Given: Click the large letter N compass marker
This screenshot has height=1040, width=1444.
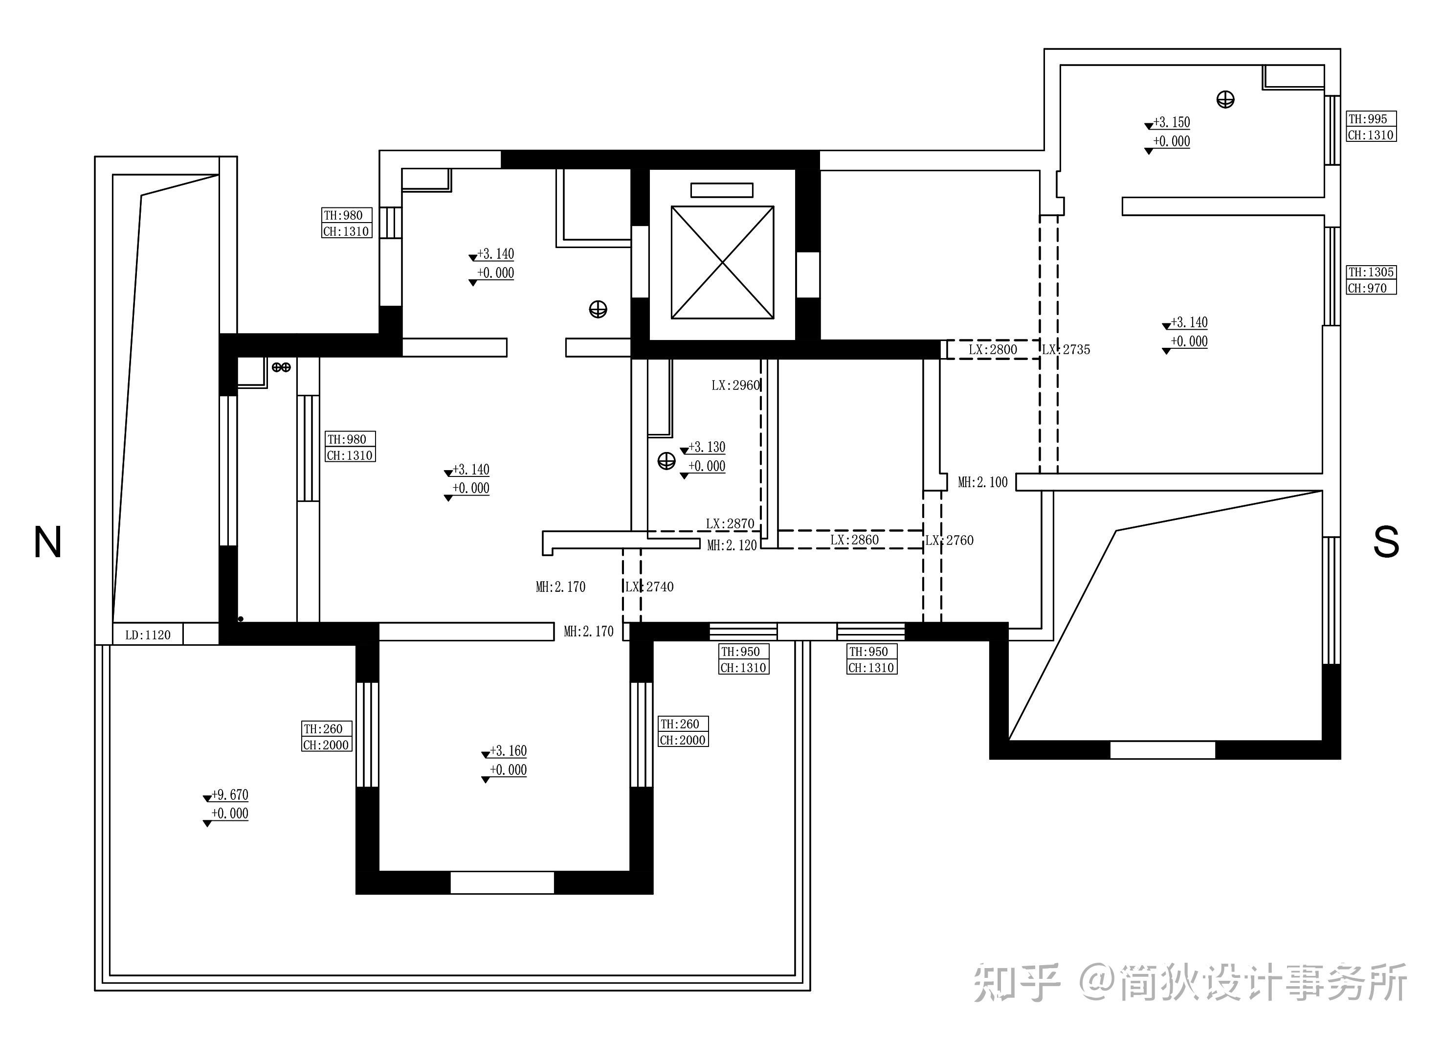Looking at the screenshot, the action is (47, 542).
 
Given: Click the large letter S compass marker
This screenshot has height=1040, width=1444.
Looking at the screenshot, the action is (1386, 542).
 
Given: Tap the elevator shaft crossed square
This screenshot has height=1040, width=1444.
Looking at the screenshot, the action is (723, 262).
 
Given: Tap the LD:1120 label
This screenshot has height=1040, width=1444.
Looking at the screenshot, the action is (148, 635).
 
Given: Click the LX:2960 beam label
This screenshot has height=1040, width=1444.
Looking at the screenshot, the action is (736, 385).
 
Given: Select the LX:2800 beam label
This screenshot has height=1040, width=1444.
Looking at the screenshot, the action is (993, 350).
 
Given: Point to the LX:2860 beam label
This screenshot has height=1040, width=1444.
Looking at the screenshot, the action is (854, 540).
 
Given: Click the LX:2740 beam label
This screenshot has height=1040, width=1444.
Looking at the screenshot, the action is (649, 587).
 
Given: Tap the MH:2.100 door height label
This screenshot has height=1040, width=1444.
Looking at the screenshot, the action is (983, 483).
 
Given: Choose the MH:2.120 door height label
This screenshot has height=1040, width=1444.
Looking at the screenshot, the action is (732, 546).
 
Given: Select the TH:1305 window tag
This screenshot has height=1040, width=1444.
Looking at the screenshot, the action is (1371, 272).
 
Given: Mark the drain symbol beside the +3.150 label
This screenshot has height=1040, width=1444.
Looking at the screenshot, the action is (1225, 100).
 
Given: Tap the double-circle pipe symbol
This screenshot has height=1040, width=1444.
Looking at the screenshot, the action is (281, 367).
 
